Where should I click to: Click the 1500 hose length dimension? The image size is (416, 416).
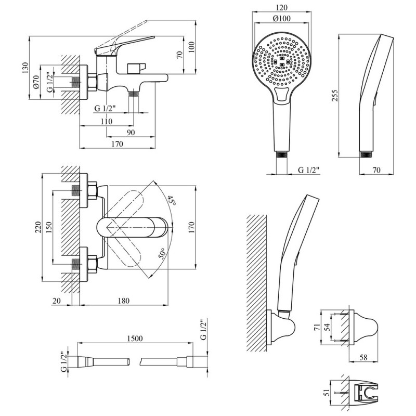[x=135, y=339]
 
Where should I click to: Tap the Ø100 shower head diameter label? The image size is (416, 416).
[x=281, y=18]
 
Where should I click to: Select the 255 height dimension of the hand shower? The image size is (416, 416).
[x=335, y=95]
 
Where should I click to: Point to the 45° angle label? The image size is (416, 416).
[x=172, y=201]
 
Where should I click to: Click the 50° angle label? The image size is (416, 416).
[x=162, y=253]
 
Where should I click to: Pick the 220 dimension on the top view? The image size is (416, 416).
[x=38, y=227]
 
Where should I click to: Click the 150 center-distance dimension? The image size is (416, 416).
[x=49, y=227]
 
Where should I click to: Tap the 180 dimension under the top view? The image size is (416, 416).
[x=124, y=301]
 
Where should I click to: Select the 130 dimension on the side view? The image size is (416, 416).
[x=25, y=68]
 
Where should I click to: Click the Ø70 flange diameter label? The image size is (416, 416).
[x=36, y=82]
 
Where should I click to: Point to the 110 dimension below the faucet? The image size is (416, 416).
[x=107, y=121]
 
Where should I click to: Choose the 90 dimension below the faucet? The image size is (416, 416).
[x=131, y=133]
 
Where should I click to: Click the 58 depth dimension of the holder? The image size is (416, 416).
[x=363, y=357]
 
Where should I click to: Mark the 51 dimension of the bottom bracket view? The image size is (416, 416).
[x=327, y=393]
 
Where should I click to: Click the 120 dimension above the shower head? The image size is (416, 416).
[x=281, y=7]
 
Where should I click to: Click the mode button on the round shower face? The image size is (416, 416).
[x=282, y=95]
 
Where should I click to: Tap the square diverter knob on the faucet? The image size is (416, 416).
[x=137, y=68]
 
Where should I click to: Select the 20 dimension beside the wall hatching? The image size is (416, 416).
[x=57, y=301]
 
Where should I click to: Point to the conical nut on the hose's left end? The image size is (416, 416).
[x=85, y=362]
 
